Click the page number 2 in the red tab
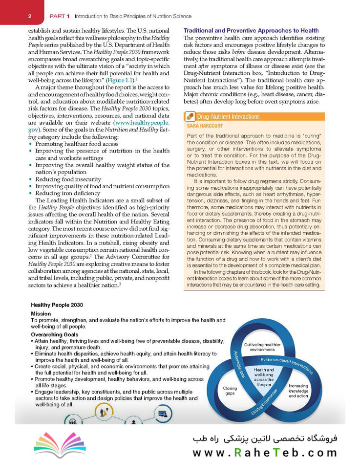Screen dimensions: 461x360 click(30, 17)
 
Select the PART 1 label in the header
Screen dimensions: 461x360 click(60, 17)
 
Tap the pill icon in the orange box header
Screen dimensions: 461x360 click(190, 117)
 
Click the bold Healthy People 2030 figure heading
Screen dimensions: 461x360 click(57, 304)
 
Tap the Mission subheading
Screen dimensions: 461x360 click(41, 313)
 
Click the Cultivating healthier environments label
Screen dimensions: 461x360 click(262, 347)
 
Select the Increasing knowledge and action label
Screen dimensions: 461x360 click(298, 392)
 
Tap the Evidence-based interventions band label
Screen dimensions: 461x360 click(286, 365)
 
